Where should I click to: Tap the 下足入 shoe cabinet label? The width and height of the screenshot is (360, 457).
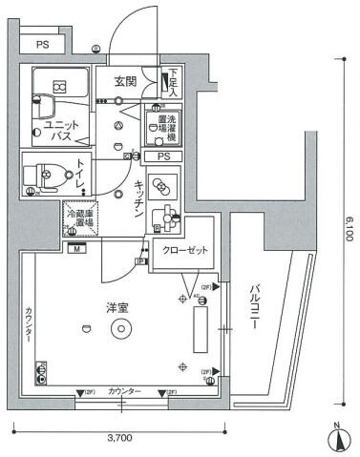(x=173, y=84)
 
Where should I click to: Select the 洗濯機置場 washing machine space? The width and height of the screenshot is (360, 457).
(x=159, y=125)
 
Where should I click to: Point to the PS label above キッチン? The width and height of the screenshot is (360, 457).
(x=163, y=156)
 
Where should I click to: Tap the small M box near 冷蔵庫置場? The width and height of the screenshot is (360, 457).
(x=74, y=249)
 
